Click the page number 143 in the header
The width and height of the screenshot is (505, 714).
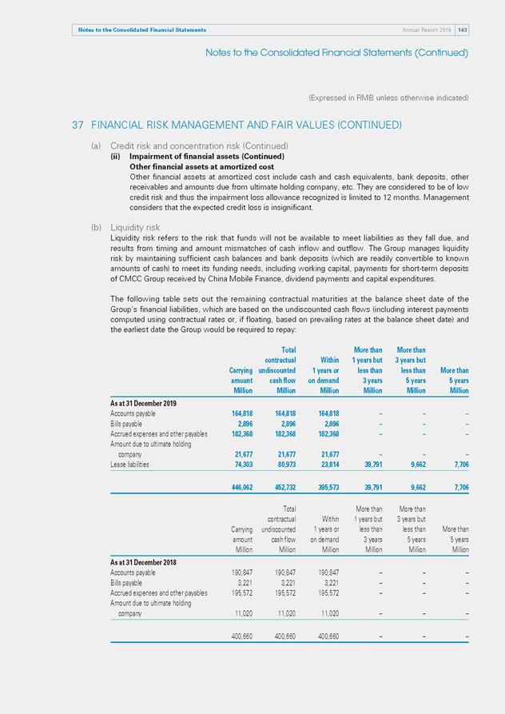pyautogui.click(x=462, y=30)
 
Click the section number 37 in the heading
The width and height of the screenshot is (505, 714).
pyautogui.click(x=78, y=126)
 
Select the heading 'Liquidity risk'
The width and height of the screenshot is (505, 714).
pyautogui.click(x=135, y=228)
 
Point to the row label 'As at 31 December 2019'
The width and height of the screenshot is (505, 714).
pyautogui.click(x=143, y=402)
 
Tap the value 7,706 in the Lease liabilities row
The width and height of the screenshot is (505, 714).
pyautogui.click(x=458, y=465)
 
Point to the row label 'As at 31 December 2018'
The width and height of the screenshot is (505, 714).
pyautogui.click(x=143, y=562)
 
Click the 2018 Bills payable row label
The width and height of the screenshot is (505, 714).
pyautogui.click(x=127, y=583)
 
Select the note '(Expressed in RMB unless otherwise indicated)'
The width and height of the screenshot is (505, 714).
pyautogui.click(x=388, y=98)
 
